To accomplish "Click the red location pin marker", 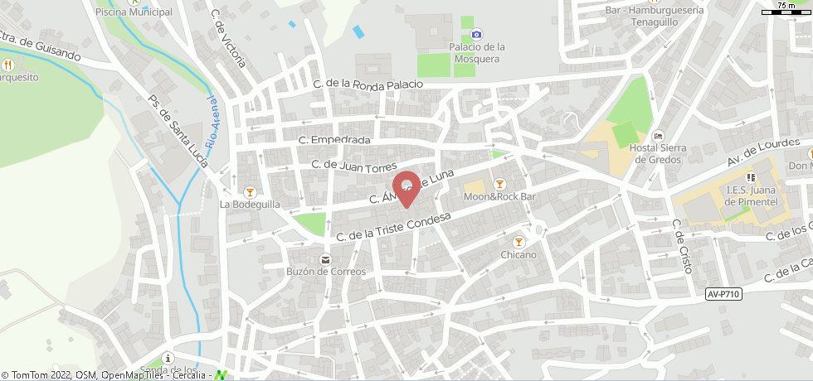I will (406, 187).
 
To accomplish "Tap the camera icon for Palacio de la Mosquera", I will (476, 34).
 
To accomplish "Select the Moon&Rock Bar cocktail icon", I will (499, 184).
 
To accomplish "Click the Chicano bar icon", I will (518, 242).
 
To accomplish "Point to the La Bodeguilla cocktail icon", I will (249, 191).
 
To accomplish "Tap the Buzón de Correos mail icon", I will (324, 259).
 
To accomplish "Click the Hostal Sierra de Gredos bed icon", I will (659, 136).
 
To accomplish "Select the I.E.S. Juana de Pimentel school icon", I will (750, 176).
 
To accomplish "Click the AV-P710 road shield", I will (724, 294).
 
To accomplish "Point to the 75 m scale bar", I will (786, 10).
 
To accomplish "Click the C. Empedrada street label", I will (334, 140).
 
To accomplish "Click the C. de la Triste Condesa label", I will (393, 226).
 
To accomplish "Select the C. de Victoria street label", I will (229, 37).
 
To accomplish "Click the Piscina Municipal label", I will (134, 12).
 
